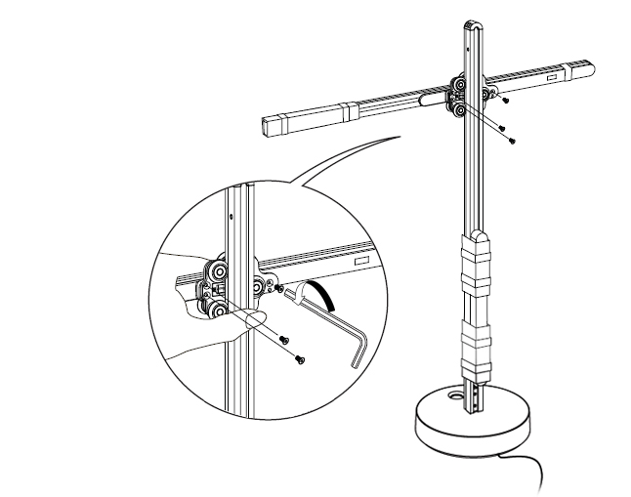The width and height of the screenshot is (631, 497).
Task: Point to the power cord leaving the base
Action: coord(532,468)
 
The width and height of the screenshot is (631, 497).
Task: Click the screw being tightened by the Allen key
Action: coord(280,289)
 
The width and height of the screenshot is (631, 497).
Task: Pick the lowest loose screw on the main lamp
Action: coord(512,141)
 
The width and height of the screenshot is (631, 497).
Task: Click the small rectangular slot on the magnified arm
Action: coord(359,262)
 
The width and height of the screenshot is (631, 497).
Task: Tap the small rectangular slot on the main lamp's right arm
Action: coord(552,74)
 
